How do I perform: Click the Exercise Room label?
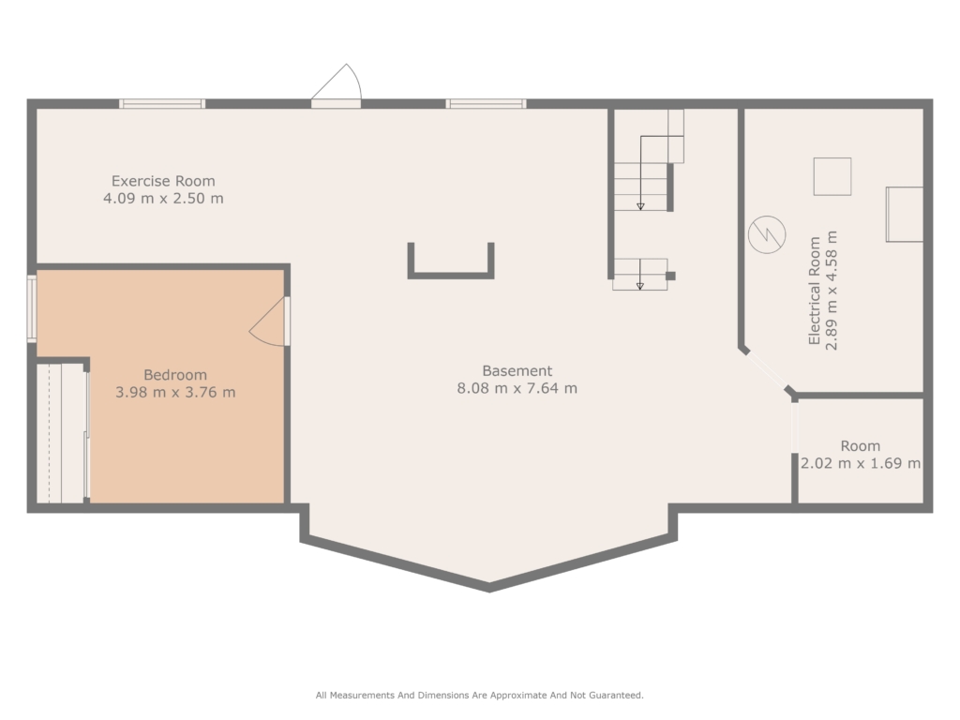tap(163, 181)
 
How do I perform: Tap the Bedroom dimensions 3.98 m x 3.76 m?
tap(175, 393)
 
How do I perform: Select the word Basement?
tap(517, 371)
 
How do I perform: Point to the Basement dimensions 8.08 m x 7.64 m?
tap(517, 388)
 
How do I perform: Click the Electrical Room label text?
tap(815, 291)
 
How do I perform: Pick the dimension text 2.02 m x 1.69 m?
tap(861, 463)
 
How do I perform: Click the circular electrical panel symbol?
tap(767, 234)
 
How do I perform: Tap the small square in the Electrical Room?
tap(832, 176)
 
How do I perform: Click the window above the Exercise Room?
tap(162, 103)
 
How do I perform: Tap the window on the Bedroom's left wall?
tap(31, 308)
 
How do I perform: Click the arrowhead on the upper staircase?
tap(640, 206)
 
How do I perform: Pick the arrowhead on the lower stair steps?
tap(639, 286)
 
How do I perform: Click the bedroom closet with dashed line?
tap(61, 433)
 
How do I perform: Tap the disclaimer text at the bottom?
tap(479, 695)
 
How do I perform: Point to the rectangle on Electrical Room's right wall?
tap(905, 215)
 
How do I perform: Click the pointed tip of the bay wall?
tap(489, 589)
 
